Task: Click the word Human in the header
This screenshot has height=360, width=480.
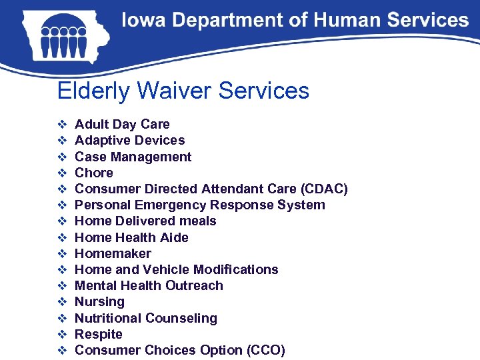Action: [x=339, y=21]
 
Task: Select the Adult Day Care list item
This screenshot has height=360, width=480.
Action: [x=122, y=124]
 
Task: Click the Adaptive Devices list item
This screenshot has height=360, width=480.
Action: [x=129, y=140]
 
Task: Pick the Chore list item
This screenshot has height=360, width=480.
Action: [x=94, y=173]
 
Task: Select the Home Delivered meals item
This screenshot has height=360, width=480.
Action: [x=145, y=221]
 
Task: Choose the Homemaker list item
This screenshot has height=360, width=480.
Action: [x=113, y=253]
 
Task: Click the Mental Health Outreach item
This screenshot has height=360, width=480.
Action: [x=149, y=285]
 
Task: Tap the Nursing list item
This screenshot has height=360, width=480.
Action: [x=99, y=302]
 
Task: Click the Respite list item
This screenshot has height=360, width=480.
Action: [x=99, y=334]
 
